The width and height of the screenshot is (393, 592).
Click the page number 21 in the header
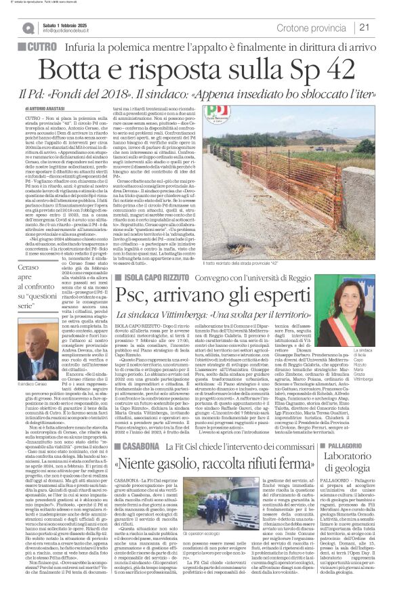[x=364, y=27]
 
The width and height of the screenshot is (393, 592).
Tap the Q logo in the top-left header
[x=27, y=28]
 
